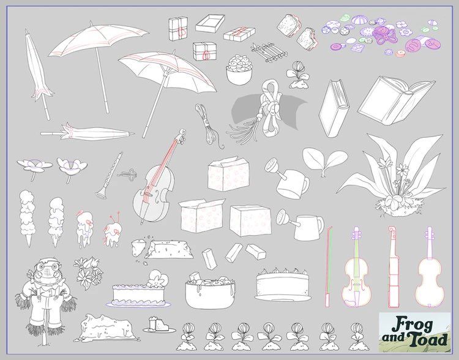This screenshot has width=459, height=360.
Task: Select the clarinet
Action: (109, 176)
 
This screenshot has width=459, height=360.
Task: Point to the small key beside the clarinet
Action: (128, 174)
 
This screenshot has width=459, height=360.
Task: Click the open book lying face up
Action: (397, 100)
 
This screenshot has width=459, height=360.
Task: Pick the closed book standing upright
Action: (334, 108)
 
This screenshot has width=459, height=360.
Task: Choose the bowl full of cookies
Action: (239, 70)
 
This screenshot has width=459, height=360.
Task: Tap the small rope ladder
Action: (269, 52)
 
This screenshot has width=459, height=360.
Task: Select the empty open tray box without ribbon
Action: (210, 23)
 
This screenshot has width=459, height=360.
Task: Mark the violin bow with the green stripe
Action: (329, 266)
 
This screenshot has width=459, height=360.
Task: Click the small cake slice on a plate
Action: (159, 326)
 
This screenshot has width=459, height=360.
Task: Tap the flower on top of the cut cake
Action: (157, 279)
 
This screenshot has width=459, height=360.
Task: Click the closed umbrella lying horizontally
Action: (88, 133)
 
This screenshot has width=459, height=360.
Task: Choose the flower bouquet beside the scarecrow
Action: (88, 272)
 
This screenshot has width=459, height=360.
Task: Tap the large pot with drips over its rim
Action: (210, 292)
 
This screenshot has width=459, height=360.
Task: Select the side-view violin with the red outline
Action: (394, 266)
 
